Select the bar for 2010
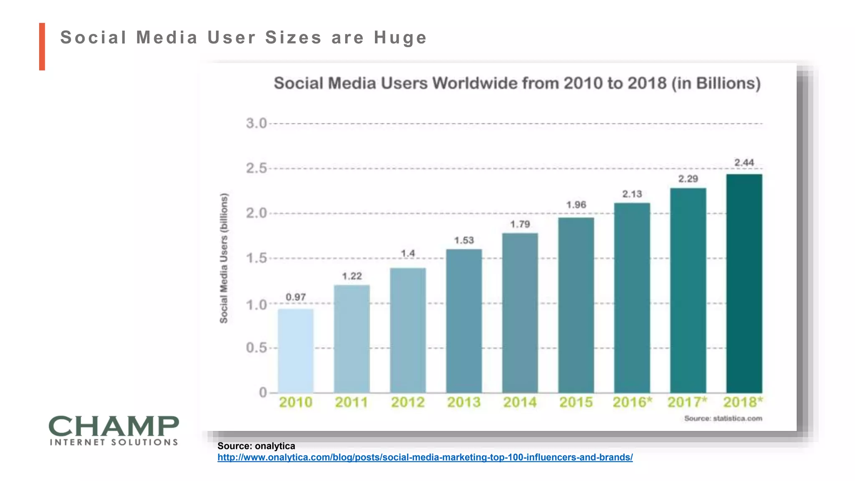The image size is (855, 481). [x=296, y=351]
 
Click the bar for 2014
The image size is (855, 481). [x=520, y=313]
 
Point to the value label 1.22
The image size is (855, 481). [x=352, y=276]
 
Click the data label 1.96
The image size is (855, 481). [x=576, y=205]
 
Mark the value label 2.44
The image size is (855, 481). [x=744, y=162]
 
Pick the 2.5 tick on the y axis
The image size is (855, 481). [x=256, y=168]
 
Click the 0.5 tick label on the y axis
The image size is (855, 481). [x=256, y=347]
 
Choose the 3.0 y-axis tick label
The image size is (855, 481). [x=256, y=123]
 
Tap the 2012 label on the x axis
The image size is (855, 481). [x=407, y=402]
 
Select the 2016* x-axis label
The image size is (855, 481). [x=632, y=402]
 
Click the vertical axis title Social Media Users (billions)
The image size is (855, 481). [x=224, y=258]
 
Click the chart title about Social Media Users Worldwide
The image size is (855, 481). [x=517, y=83]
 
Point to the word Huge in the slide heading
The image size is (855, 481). [x=400, y=38]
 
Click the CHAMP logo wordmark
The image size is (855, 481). [x=114, y=426]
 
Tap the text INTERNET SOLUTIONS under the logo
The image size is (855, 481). [x=114, y=442]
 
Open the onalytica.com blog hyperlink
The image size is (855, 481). [x=425, y=457]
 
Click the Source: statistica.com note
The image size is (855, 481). [x=723, y=418]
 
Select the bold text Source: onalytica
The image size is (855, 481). [x=256, y=446]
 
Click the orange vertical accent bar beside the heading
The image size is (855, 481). [x=42, y=46]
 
